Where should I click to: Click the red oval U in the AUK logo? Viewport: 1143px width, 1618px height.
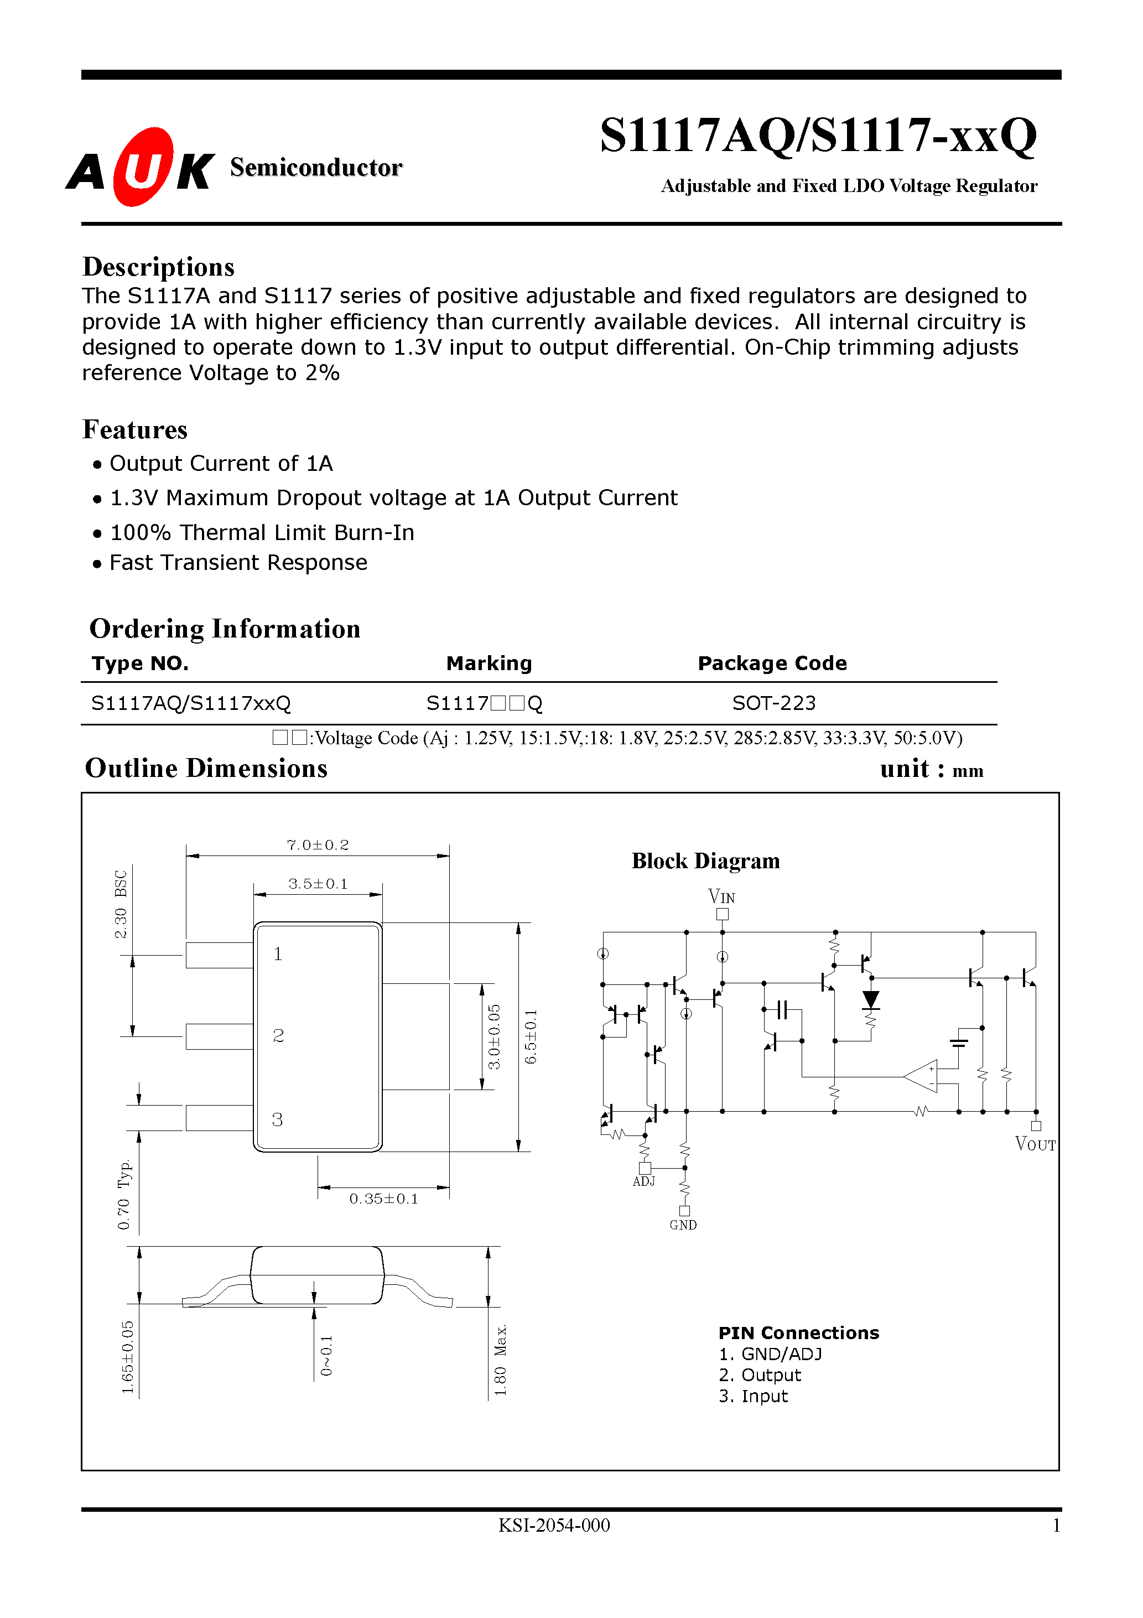(x=143, y=167)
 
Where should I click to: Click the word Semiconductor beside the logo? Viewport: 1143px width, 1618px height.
(x=316, y=167)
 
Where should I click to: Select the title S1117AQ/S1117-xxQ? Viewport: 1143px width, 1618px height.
(x=818, y=136)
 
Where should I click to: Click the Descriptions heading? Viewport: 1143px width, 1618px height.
(x=159, y=267)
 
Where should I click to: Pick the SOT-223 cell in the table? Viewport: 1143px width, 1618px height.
(x=774, y=703)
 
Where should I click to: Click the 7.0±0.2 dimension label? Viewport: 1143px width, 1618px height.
(x=318, y=844)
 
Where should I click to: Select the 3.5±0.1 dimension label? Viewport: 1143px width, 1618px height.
(x=318, y=884)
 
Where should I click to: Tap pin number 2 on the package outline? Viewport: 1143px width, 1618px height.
(x=278, y=1035)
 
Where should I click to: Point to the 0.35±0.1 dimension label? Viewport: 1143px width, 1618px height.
(x=383, y=1199)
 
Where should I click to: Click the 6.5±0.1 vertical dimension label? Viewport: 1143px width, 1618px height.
(x=531, y=1036)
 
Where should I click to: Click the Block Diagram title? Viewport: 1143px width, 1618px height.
(x=705, y=860)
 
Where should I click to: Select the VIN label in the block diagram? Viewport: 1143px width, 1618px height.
(x=721, y=896)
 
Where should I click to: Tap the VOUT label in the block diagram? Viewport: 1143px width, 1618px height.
(x=1035, y=1144)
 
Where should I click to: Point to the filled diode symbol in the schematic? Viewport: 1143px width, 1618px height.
(x=871, y=999)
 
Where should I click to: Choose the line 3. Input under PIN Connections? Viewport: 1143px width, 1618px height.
(x=752, y=1396)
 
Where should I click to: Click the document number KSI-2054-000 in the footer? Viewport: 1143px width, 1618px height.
(x=554, y=1526)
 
